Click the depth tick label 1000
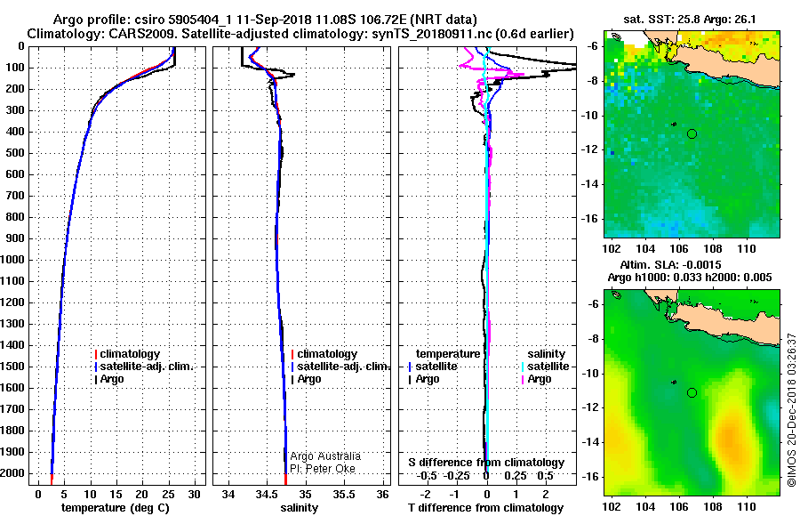point(12,260)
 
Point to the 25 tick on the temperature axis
point(166,495)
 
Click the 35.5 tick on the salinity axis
point(344,495)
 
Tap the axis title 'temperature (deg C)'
point(116,508)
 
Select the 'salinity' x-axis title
point(299,508)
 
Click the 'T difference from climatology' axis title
point(485,508)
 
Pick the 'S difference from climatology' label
point(486,463)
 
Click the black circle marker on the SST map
point(692,133)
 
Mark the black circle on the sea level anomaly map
point(692,393)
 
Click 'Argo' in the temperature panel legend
point(112,379)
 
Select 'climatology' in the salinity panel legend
point(327,354)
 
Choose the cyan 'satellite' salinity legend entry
point(548,367)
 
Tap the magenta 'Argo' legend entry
point(540,379)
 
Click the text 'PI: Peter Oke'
point(323,469)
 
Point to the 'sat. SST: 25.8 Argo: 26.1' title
point(690,20)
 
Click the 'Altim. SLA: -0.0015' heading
point(670,264)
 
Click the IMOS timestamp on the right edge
point(791,410)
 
